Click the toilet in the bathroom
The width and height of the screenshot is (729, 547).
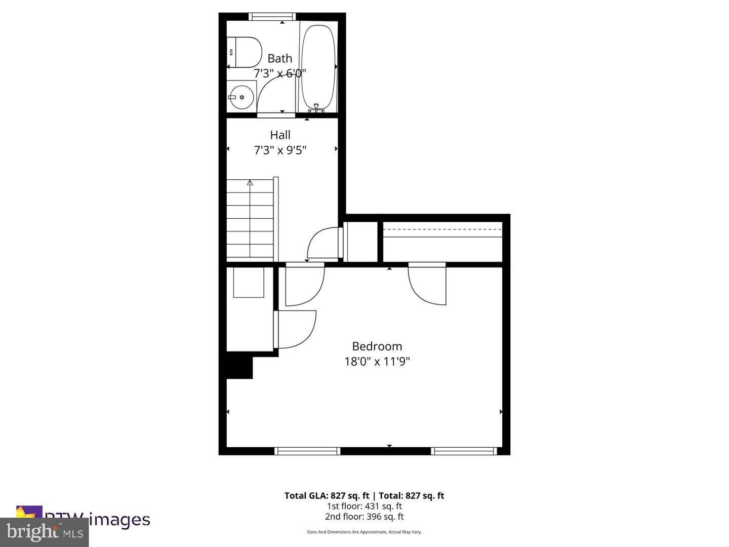pos(244,52)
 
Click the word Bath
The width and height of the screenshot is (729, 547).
pos(280,58)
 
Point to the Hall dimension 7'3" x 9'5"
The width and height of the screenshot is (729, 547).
pos(280,150)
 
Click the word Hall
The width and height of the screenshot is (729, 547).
pos(280,135)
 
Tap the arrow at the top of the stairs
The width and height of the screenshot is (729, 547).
pos(250,183)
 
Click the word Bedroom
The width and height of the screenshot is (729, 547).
pos(377,346)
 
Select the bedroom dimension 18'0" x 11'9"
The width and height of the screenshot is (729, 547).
pos(377,362)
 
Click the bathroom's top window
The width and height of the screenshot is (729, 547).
pos(272,17)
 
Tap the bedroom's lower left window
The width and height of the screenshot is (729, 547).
pos(307,451)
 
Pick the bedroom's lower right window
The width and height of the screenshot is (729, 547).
pos(464,451)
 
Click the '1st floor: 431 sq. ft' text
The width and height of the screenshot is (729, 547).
pos(364,506)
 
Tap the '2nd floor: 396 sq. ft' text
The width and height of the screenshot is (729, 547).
pos(364,517)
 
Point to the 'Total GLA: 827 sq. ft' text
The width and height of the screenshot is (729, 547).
pos(327,496)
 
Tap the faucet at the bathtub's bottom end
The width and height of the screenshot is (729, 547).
pos(316,108)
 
